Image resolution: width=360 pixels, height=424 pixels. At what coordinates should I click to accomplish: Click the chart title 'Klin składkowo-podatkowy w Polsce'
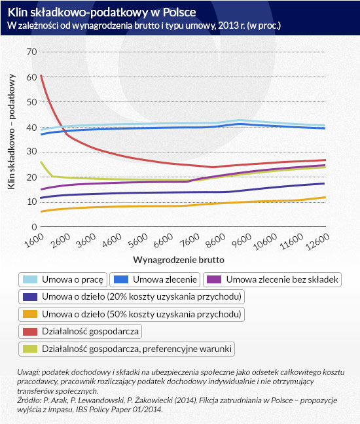[x=101, y=12]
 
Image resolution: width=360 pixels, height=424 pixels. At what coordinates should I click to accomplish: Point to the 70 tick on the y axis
[x=31, y=52]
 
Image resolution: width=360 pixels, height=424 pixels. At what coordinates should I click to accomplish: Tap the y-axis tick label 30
[x=31, y=151]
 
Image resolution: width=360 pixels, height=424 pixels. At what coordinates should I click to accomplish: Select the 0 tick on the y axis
[x=34, y=227]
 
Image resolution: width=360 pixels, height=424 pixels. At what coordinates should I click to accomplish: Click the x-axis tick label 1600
[x=34, y=240]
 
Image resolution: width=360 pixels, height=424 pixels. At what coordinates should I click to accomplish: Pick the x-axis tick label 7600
[x=190, y=240]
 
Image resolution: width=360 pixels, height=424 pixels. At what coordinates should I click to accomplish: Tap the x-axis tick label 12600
[x=317, y=241]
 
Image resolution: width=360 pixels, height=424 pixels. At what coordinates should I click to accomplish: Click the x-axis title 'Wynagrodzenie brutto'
[x=179, y=260]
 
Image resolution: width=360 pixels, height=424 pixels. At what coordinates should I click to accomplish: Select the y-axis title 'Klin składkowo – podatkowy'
[x=11, y=132]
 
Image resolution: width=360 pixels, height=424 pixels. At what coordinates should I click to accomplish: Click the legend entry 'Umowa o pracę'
[x=63, y=279]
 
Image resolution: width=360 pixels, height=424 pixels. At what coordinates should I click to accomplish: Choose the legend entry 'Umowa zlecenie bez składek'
[x=272, y=279]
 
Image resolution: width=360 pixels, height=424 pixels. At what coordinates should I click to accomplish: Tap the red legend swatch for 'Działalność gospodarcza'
[x=30, y=332]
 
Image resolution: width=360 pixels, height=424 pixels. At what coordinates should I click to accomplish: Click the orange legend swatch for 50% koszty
[x=30, y=314]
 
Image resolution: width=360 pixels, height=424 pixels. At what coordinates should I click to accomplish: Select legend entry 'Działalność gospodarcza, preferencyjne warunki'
[x=126, y=349]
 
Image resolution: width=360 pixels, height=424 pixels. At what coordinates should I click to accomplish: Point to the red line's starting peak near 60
[x=41, y=75]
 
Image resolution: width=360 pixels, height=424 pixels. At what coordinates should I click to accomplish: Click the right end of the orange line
[x=325, y=198]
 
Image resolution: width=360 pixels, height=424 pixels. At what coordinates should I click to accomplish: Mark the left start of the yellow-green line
[x=41, y=162]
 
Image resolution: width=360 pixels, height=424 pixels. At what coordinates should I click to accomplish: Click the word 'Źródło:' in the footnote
[x=26, y=400]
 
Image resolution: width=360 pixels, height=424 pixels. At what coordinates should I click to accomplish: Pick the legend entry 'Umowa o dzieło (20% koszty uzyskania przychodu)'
[x=132, y=297]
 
